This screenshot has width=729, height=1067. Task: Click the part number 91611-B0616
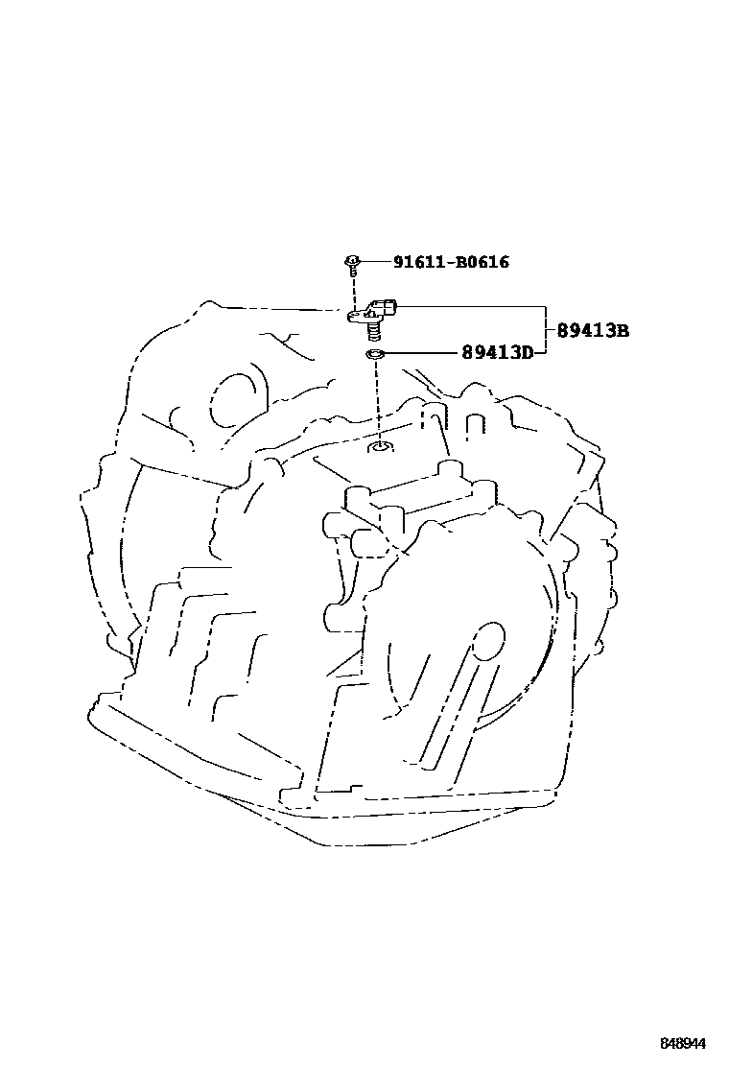pos(450,261)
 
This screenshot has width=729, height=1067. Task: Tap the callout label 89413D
pos(497,354)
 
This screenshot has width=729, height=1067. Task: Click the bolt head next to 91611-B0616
pos(352,260)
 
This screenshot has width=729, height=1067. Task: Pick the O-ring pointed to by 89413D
pos(375,356)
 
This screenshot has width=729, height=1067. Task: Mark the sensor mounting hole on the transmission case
pos(381,446)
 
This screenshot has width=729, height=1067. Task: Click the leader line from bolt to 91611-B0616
pos(374,261)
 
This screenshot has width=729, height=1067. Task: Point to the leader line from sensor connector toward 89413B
pos(470,307)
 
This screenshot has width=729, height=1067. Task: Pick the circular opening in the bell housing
pos(229,400)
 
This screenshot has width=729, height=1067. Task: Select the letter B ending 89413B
pos(622,331)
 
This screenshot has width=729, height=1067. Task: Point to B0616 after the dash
pos(482,261)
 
